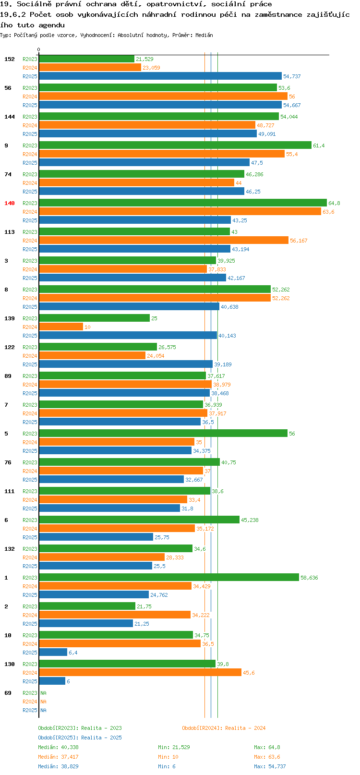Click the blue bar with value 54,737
click(160, 76)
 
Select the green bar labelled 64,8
click(182, 203)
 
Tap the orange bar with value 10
click(61, 327)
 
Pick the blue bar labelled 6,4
click(53, 652)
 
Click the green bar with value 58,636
click(169, 577)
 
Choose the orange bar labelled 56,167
click(164, 240)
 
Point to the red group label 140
click(9, 203)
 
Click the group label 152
click(9, 59)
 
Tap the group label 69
click(8, 693)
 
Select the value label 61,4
click(319, 145)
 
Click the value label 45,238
click(250, 520)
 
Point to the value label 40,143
click(227, 336)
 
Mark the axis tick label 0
click(38, 49)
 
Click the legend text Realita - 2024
click(245, 728)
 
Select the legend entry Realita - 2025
click(101, 738)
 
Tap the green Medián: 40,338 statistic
click(58, 747)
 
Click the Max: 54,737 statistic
click(270, 766)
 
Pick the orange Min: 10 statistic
click(168, 757)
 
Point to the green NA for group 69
click(43, 693)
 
